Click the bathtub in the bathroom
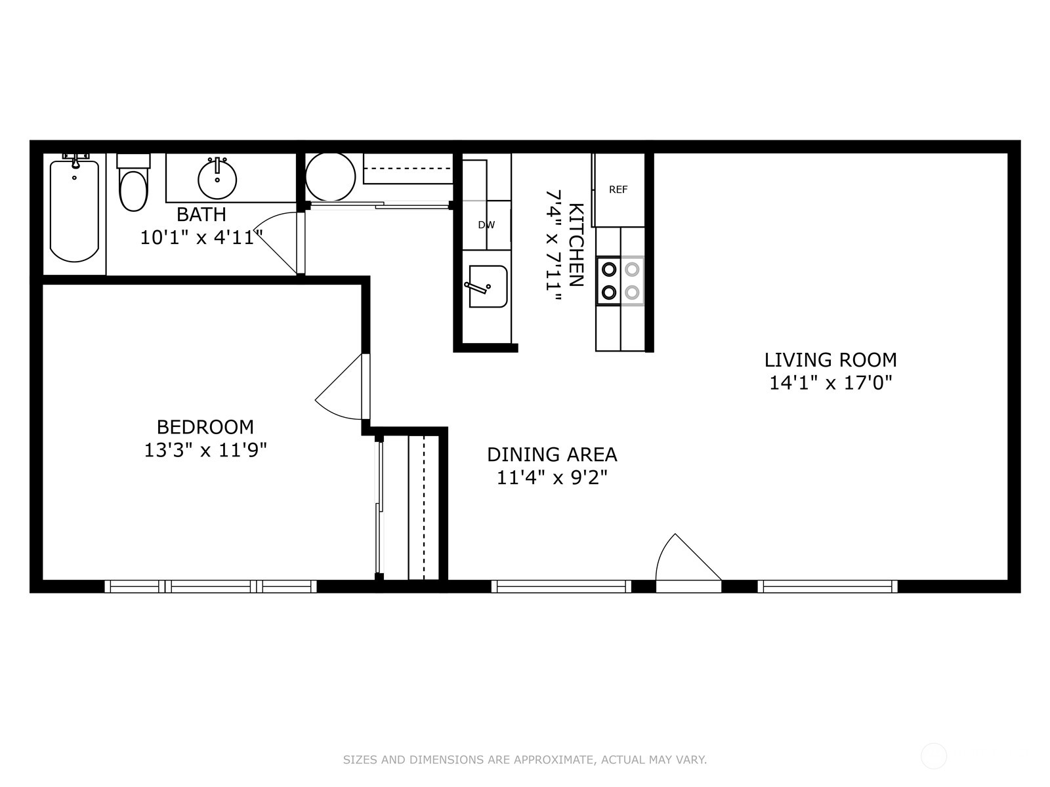(74, 211)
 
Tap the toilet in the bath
(133, 183)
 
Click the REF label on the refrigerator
(618, 190)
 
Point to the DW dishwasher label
(486, 225)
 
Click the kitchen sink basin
(488, 286)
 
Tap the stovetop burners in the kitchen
(620, 281)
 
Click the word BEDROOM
(205, 427)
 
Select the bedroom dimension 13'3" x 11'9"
(205, 450)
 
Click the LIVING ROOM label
(830, 360)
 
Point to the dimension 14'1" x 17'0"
(830, 383)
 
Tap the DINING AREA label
(552, 454)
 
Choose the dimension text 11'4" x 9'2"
(552, 477)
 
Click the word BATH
(201, 214)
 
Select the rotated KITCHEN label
(576, 245)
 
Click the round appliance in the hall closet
(330, 177)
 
